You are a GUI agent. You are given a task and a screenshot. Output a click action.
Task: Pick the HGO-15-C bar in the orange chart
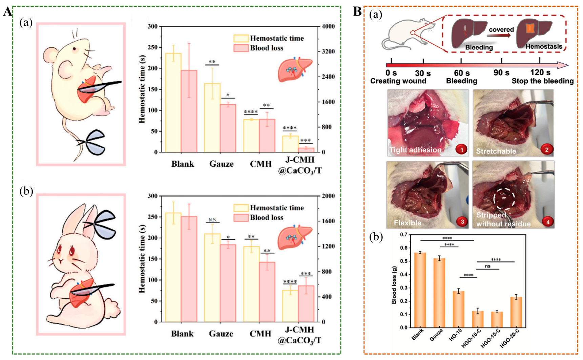coord(497,319)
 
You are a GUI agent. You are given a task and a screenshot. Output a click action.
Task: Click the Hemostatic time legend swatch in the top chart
coord(241,38)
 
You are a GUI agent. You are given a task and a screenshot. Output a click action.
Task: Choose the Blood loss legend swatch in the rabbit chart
coord(241,217)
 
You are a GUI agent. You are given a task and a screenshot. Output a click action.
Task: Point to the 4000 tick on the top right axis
coord(328,26)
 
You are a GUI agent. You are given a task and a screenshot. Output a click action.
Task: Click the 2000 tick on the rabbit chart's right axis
coord(328,196)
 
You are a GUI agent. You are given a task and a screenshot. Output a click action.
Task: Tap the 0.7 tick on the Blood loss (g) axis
coord(403,234)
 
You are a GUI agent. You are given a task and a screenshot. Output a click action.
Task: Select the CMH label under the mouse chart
coord(261,164)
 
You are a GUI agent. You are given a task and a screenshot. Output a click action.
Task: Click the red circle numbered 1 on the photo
coord(461,149)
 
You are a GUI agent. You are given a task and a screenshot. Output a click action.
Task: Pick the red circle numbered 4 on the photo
coord(547,222)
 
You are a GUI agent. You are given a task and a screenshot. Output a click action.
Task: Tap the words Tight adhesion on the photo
coord(415,150)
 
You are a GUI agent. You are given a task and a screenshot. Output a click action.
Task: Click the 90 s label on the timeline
coord(501,73)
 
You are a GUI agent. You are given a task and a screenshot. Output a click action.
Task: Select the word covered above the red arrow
coord(501,29)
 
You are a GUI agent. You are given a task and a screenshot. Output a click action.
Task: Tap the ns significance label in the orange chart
coord(487,266)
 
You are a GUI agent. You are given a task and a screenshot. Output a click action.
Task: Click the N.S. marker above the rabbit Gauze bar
coord(212,220)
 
